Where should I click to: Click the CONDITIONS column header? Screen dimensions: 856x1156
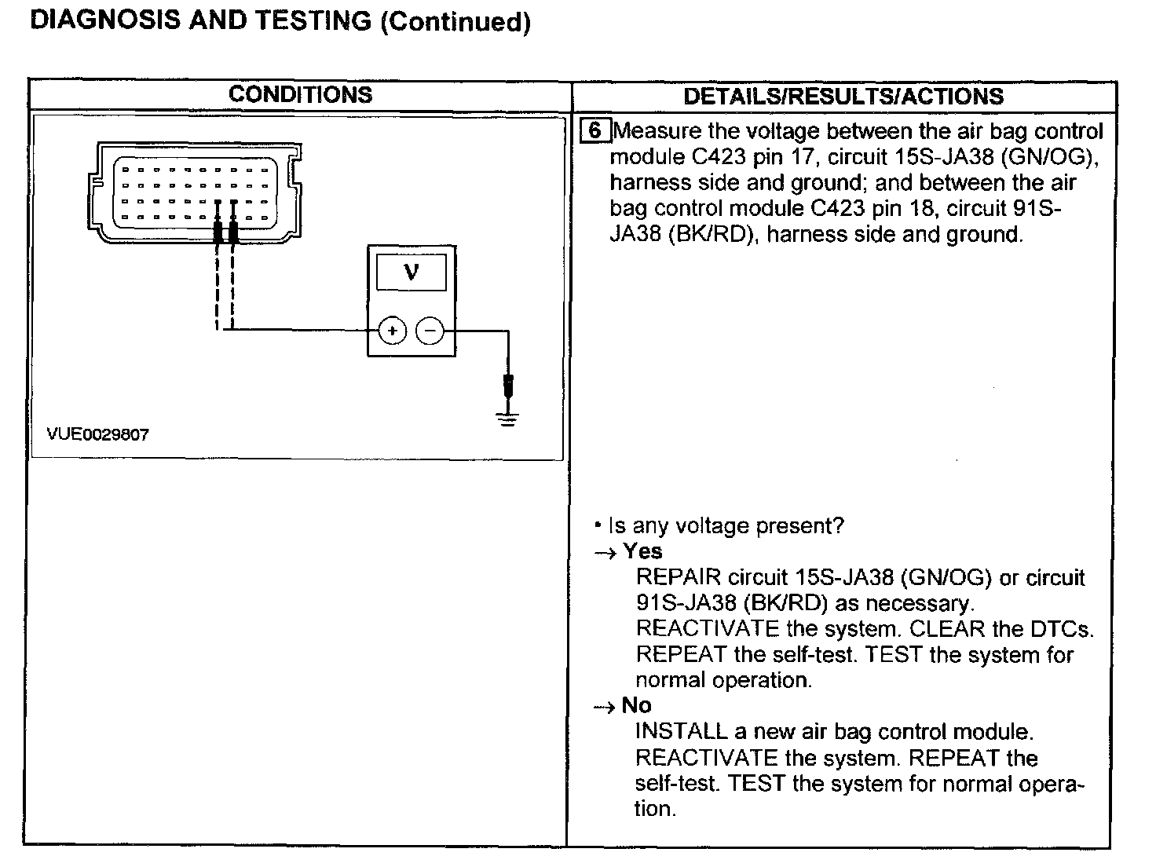[300, 95]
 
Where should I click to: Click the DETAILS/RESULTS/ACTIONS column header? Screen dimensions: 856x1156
[843, 97]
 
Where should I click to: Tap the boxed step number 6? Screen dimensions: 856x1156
[594, 130]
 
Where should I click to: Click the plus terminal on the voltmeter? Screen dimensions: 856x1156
[392, 331]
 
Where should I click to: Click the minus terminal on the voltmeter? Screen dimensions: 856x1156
[429, 331]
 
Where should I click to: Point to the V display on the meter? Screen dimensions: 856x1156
[411, 273]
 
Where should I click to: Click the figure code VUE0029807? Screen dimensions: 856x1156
[98, 434]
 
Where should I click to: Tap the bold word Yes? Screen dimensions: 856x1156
[642, 551]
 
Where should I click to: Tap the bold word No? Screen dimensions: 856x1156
[636, 705]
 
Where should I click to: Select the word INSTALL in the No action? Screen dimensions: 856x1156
[681, 732]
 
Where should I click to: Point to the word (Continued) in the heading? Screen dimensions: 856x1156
[455, 22]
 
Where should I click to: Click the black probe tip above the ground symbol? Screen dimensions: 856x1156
[509, 386]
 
